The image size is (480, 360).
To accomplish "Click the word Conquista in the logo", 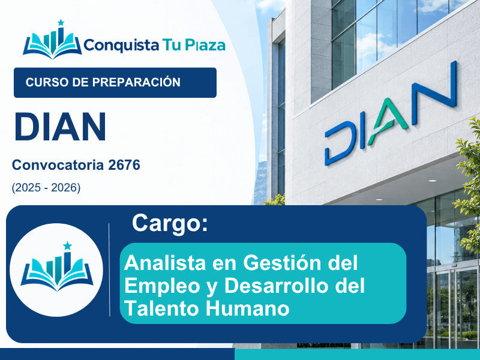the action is point(121,46).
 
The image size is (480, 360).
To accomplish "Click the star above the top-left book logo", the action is point(61,23).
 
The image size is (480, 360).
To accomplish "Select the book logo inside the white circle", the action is point(57,267).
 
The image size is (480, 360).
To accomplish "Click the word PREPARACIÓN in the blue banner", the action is point(137,82).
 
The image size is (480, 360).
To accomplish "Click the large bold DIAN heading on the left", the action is point(61,127).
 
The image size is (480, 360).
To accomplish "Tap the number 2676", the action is point(124,166).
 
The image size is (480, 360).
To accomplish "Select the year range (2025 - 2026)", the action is point(46,188).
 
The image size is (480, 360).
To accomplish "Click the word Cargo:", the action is point(170,224).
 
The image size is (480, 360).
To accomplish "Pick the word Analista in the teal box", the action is point(165,263).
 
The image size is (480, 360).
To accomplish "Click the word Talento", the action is point(163,308).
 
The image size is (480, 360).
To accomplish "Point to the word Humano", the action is point(248,308).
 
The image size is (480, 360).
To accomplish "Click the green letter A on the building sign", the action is point(388,121).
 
